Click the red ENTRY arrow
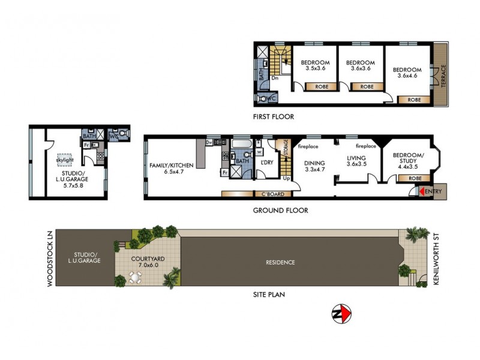421,191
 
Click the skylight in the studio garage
64,160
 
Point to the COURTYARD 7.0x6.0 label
147,262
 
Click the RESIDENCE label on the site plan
280,262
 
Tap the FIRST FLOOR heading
274,116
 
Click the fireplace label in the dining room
308,146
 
